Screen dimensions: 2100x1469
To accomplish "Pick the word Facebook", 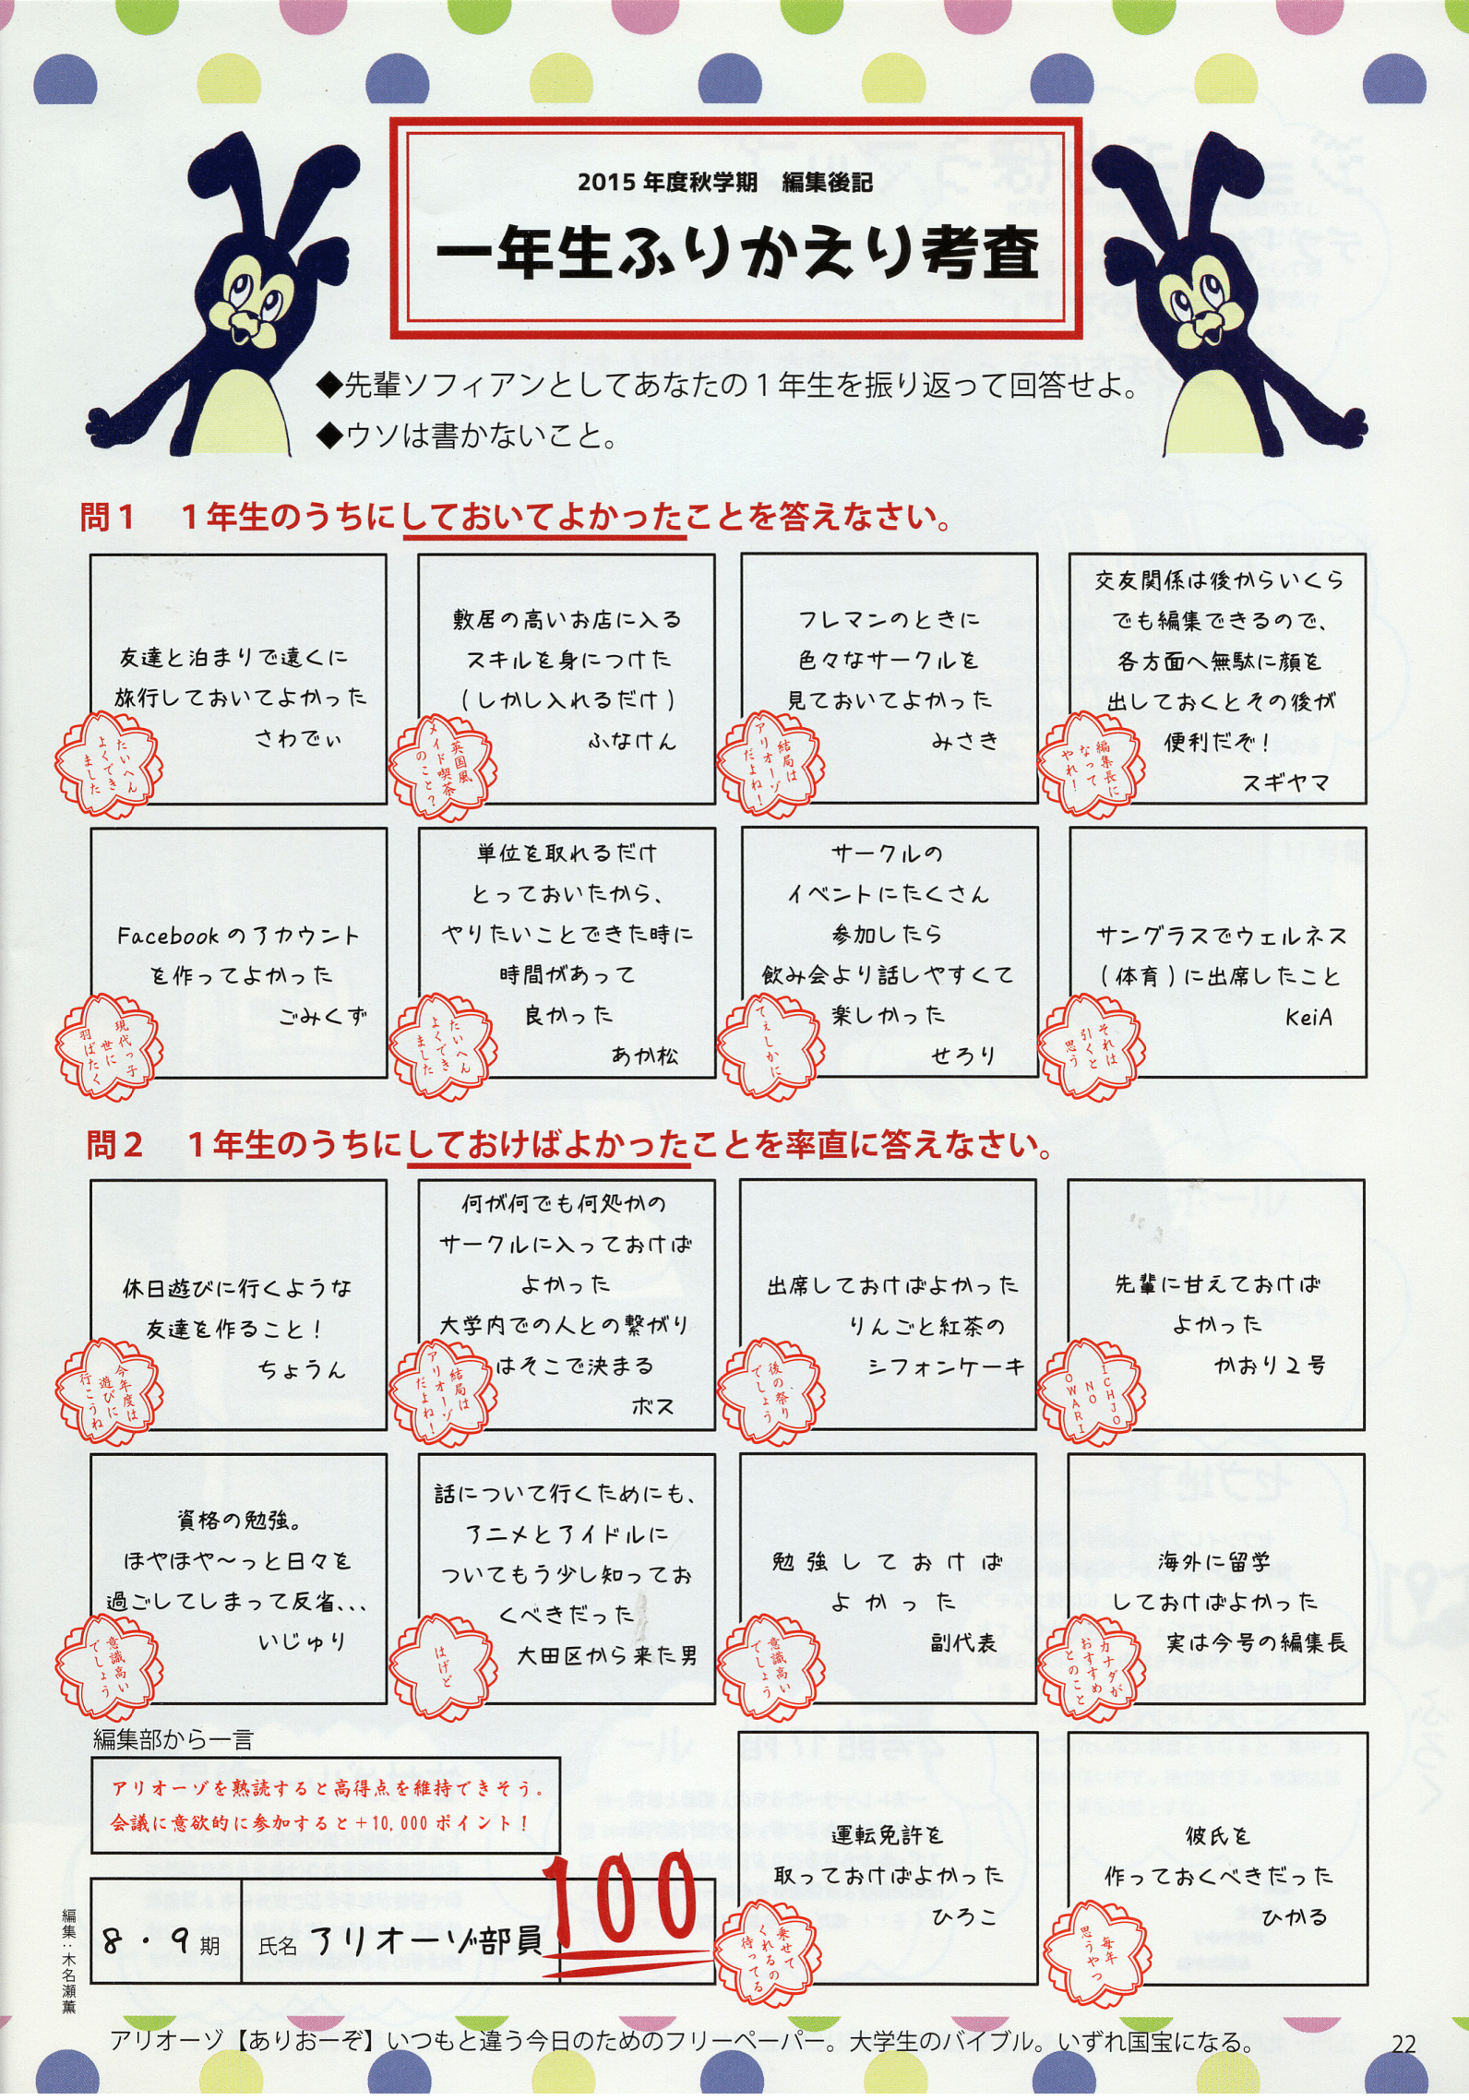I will [168, 937].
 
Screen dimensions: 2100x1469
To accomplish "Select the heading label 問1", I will [108, 518].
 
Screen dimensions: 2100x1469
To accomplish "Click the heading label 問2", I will [114, 1145].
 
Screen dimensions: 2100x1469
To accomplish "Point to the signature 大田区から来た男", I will [607, 1655].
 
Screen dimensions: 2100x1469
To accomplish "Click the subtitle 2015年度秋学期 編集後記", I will [725, 182].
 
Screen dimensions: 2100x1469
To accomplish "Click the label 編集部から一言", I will [173, 1740].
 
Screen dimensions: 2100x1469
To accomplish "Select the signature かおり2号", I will [1269, 1365].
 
